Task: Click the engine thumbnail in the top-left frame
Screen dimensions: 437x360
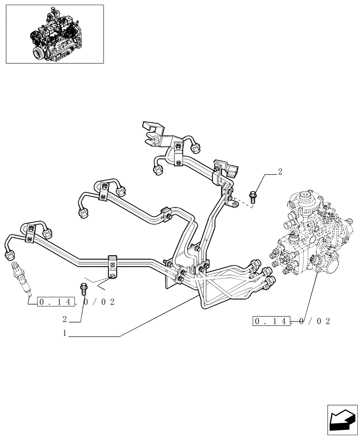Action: point(55,34)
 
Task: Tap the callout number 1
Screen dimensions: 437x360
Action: point(65,333)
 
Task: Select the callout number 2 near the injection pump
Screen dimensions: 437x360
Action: point(280,172)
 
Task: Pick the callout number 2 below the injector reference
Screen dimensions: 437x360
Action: point(65,319)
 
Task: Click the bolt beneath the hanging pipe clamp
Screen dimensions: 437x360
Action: point(83,288)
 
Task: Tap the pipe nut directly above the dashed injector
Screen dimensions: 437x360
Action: point(10,256)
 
